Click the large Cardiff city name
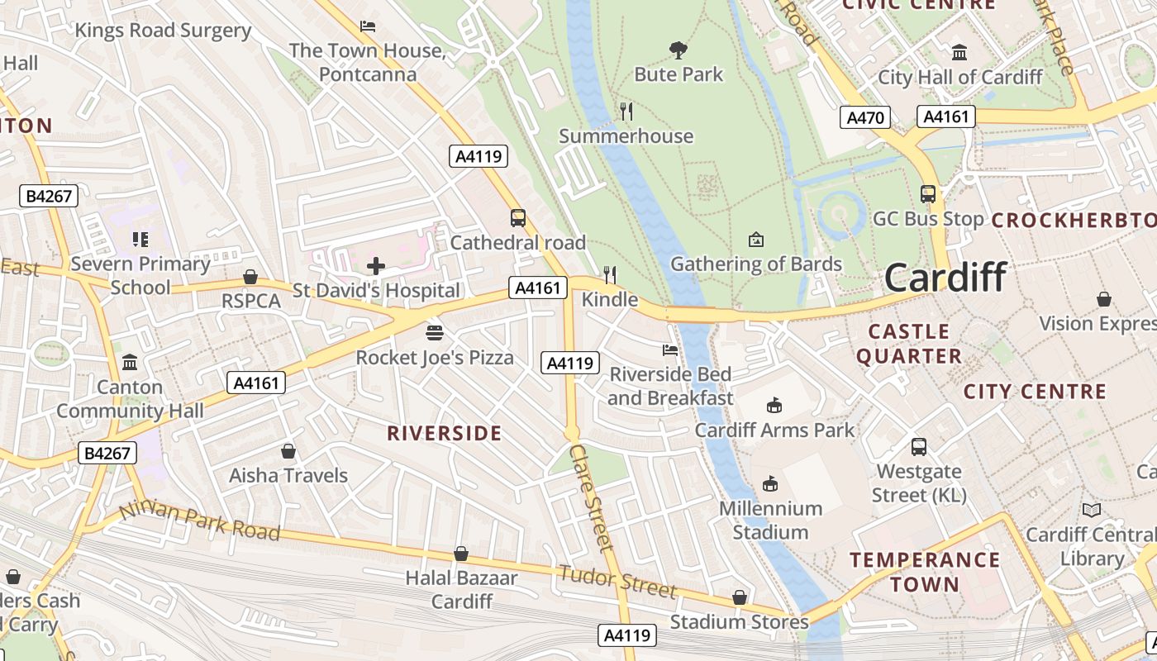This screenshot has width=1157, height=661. [x=945, y=277]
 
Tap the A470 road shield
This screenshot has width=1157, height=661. [x=865, y=117]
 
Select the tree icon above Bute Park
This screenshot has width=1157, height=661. [x=678, y=50]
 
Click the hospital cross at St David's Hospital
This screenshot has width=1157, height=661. [x=376, y=266]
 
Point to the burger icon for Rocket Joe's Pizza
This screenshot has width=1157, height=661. [x=435, y=333]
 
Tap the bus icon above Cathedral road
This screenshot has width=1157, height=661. [x=518, y=218]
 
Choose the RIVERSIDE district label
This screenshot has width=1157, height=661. [x=445, y=433]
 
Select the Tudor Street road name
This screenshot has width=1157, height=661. [x=617, y=580]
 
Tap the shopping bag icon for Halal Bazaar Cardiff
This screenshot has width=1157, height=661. [x=461, y=554]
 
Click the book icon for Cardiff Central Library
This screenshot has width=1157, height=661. [x=1092, y=511]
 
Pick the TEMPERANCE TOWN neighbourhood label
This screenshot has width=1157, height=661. [x=925, y=572]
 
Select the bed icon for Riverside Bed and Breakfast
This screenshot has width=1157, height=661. [x=670, y=350]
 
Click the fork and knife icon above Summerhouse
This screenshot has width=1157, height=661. [x=626, y=111]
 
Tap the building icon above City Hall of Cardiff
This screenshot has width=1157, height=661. [x=959, y=53]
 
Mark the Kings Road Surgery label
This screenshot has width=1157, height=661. [x=163, y=31]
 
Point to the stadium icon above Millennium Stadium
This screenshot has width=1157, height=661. [x=770, y=483]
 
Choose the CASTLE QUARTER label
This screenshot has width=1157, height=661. [x=909, y=344]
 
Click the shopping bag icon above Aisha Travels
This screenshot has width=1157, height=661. [x=288, y=451]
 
